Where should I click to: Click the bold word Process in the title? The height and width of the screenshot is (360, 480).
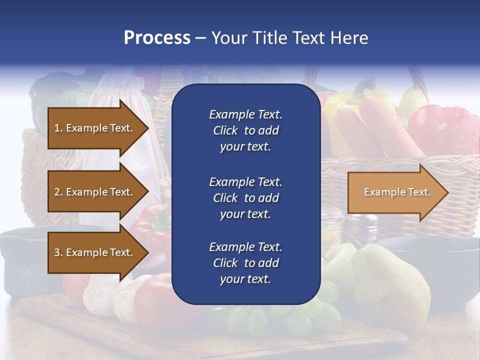pos(157,38)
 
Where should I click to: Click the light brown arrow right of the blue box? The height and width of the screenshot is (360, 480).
pos(397,192)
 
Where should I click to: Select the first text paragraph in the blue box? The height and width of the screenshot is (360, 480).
pos(245,130)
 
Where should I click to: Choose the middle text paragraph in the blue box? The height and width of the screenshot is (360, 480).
pos(245,198)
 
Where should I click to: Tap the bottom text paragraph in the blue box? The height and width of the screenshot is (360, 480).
pos(245,263)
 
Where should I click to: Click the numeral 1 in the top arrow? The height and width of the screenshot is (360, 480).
pos(56,128)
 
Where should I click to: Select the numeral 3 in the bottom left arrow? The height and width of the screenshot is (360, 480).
pos(57,252)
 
